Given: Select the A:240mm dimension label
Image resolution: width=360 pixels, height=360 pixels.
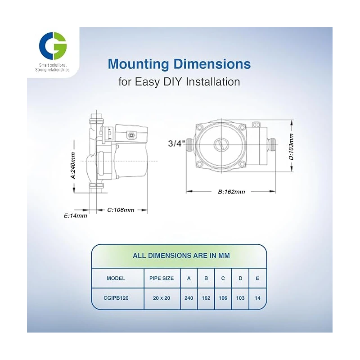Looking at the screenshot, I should tap(73, 165).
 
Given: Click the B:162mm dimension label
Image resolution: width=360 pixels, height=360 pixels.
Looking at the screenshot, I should tap(231, 192).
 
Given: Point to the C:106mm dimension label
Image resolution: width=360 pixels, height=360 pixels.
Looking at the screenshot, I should tap(121, 210).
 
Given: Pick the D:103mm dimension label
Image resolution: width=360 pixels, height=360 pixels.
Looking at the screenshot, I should tap(291, 146).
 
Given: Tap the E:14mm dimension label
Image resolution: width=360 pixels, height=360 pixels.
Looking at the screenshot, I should tap(75, 216).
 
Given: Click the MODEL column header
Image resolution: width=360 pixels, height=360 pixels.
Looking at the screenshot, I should tap(116, 278).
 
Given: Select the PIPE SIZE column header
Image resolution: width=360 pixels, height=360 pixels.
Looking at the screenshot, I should tap(162, 278).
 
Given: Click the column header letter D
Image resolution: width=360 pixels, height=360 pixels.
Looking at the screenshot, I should tap(240, 278).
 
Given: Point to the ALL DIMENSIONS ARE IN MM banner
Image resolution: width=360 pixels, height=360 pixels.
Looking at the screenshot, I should tap(181, 256).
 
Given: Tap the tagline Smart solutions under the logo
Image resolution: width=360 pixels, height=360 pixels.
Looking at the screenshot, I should tap(53, 66).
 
